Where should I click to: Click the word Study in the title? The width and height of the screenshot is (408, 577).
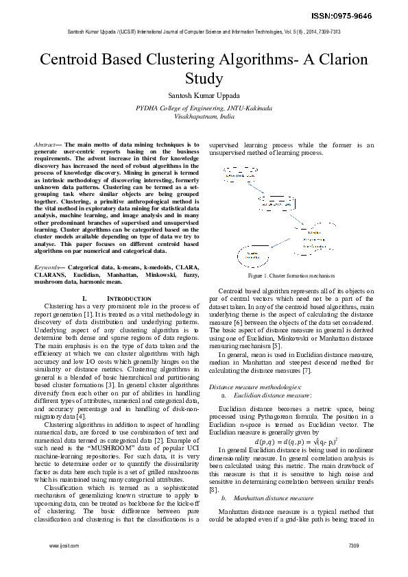(204, 78)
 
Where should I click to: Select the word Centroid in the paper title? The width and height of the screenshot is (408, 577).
(75, 59)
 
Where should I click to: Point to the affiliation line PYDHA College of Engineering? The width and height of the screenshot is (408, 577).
(204, 108)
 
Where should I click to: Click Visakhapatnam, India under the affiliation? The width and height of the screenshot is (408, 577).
(204, 116)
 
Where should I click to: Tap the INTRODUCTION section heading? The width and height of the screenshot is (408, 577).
(127, 299)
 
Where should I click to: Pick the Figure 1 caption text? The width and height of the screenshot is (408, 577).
(291, 275)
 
